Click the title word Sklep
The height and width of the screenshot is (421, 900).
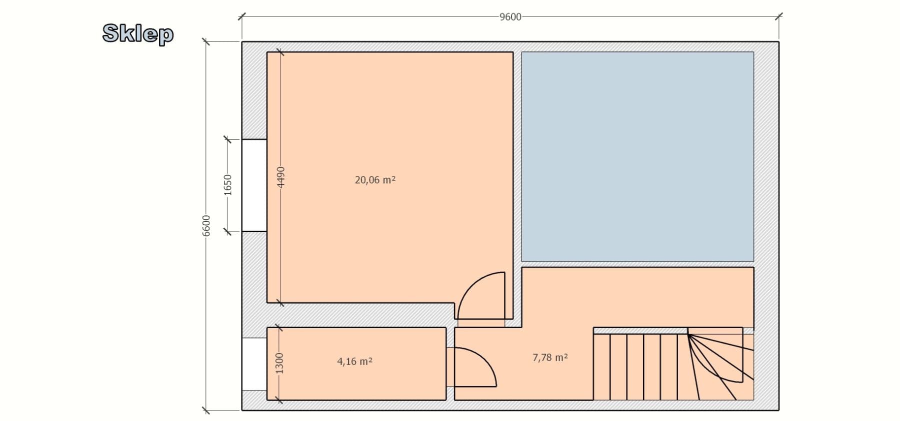[138, 33]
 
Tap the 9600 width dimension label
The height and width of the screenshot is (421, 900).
[510, 17]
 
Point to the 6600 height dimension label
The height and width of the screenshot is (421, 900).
[206, 226]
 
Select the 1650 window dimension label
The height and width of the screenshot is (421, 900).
[227, 185]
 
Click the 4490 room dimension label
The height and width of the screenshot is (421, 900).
[280, 177]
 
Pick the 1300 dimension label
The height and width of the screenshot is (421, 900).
[279, 363]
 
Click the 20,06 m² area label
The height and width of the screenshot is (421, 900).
[375, 180]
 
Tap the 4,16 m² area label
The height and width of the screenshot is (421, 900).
[354, 361]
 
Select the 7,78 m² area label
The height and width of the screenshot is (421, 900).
[550, 357]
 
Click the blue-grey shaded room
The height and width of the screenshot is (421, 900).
[637, 156]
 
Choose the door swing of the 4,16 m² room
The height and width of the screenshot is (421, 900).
[472, 367]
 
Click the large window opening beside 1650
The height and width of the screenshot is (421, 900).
[254, 185]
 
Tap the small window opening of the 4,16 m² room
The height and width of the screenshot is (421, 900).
[254, 364]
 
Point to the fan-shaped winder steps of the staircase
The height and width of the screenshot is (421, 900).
[717, 362]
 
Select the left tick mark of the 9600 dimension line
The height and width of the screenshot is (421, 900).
[242, 16]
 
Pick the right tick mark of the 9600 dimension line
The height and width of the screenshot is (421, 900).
[778, 16]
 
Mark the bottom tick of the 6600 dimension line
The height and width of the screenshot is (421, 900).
[206, 411]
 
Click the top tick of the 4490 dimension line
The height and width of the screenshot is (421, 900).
[280, 52]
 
